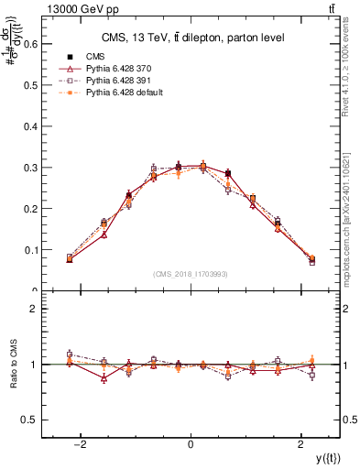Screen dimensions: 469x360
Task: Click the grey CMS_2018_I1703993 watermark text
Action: coord(191,274)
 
